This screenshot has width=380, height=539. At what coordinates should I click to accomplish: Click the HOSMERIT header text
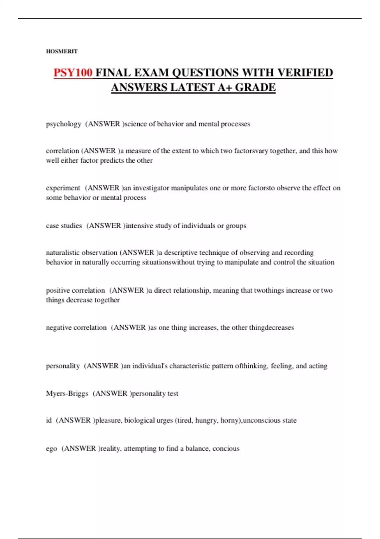point(62,51)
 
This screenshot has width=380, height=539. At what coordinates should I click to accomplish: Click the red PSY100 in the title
point(73,73)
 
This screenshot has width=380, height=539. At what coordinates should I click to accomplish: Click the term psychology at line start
point(64,124)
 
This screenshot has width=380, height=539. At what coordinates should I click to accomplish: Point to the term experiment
point(63,188)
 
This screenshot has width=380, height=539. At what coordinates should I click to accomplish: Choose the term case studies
point(64,226)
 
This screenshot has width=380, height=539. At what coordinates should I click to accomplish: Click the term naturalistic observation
point(82,253)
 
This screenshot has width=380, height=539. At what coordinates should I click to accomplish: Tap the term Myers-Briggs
point(67,393)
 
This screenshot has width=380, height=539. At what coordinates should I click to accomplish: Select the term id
point(49,420)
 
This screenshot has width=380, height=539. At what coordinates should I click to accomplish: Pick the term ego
point(51,449)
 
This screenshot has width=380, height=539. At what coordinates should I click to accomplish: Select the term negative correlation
point(76,328)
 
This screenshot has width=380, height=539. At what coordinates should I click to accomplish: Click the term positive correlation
point(75,290)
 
